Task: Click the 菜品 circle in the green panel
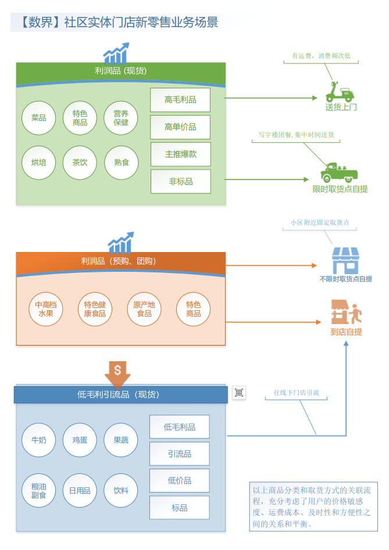point(39,118)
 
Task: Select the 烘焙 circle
point(39,162)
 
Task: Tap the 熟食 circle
point(122,162)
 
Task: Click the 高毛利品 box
point(180,100)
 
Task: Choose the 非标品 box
point(180,182)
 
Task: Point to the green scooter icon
point(340,91)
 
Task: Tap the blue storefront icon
point(345,261)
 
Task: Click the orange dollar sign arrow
point(118,373)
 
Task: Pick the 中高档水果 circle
point(46,309)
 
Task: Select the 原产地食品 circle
point(144,309)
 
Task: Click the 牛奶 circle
point(39,440)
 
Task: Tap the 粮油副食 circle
point(39,491)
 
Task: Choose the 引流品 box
point(179,454)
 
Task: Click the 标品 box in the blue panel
point(179,508)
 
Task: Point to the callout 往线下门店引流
point(296,393)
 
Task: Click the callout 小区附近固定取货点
point(320,222)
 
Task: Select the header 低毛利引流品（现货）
point(119,395)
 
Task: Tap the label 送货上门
point(341,107)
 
